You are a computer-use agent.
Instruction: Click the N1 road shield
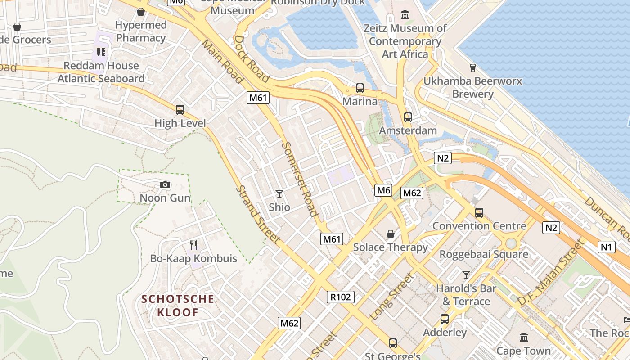tap(607, 247)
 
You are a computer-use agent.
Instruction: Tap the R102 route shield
tap(341, 297)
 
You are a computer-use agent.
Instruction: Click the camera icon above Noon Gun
tap(165, 185)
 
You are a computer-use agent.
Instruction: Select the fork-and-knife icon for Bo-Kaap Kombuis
tap(193, 245)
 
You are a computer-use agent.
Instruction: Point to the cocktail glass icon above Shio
tap(279, 194)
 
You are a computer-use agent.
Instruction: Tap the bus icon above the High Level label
tap(180, 110)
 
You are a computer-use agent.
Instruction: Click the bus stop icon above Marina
tap(360, 88)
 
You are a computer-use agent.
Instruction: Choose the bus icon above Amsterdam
tap(408, 117)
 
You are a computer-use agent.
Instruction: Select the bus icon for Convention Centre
tap(479, 213)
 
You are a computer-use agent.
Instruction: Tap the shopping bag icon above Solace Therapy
tap(391, 234)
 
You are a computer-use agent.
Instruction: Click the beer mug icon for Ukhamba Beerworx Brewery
tap(472, 68)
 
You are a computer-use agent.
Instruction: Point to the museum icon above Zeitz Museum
tap(405, 15)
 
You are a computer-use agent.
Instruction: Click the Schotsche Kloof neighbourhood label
tap(178, 306)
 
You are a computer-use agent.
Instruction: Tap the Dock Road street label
tap(252, 58)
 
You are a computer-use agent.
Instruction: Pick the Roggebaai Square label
tap(484, 254)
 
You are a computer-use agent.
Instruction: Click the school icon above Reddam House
tap(101, 52)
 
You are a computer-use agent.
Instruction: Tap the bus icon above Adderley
tap(445, 319)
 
